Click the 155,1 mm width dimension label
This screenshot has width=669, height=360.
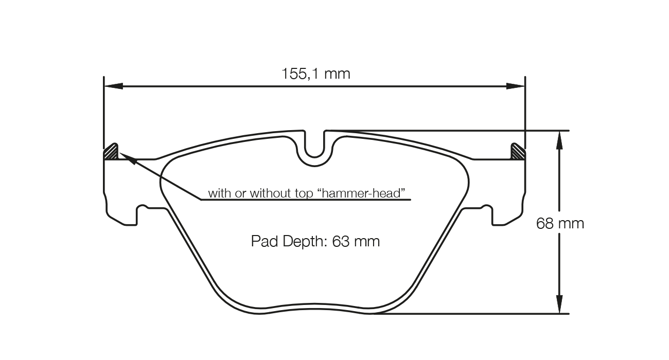coord(315,74)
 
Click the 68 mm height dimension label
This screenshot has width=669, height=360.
coord(560,224)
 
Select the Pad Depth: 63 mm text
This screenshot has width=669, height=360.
coord(315,241)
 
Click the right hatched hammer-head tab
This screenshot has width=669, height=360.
coord(517,152)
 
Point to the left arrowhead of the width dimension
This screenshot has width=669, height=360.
coord(113,86)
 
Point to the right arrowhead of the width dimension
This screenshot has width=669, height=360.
coord(516,86)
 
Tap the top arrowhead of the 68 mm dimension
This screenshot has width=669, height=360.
coord(559,140)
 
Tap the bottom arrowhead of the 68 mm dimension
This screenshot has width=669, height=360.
coord(559,304)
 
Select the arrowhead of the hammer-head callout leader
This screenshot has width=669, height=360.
coord(129,159)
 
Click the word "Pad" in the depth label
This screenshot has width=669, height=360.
coord(262,241)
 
